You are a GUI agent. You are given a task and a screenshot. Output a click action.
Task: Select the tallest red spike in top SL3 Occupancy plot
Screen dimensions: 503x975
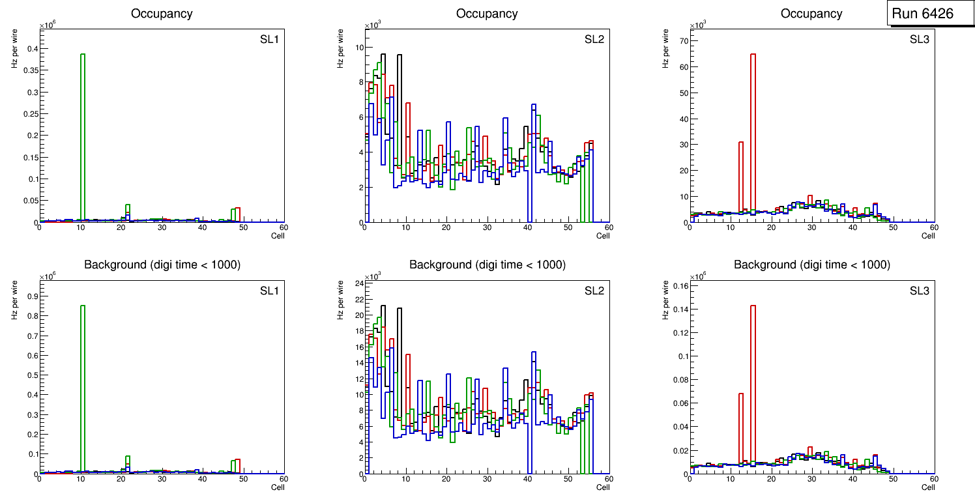753,130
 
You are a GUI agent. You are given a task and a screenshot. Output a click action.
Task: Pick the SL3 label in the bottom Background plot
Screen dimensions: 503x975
920,291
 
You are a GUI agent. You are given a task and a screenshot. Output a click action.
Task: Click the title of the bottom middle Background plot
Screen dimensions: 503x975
487,265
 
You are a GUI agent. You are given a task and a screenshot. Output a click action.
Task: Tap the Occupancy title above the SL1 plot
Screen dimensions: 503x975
162,13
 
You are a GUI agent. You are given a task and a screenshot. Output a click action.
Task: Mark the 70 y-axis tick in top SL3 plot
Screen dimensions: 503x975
681,40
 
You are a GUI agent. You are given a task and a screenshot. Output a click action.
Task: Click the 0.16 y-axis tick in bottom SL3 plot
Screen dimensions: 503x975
678,286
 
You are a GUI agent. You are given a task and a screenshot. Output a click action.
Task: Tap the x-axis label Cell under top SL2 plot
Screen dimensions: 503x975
603,236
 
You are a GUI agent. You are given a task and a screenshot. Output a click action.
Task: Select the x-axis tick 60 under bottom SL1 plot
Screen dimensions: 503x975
284,478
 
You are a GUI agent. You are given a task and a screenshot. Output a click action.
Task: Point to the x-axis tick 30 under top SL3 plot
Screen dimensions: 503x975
811,227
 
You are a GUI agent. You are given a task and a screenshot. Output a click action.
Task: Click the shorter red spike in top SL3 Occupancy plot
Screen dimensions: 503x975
741,176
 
